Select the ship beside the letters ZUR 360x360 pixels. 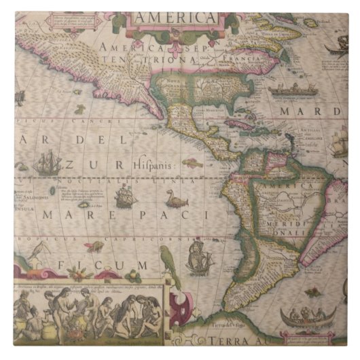46,163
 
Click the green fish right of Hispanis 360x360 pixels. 193,163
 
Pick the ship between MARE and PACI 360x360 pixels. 124,197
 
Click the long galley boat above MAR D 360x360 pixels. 291,90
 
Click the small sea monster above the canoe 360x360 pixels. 312,293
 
